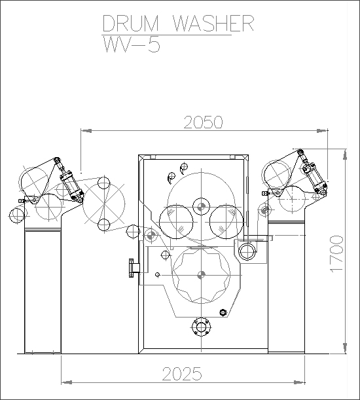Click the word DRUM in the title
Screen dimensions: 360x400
click(130, 23)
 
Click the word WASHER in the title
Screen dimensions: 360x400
click(213, 23)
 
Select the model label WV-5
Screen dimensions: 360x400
click(132, 45)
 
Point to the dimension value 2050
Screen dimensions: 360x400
click(203, 122)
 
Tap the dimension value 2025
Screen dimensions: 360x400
click(182, 374)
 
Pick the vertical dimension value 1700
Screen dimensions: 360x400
click(337, 254)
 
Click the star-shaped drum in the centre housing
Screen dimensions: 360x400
click(202, 275)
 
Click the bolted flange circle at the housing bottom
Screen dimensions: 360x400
click(202, 327)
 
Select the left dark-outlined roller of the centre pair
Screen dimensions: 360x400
click(176, 222)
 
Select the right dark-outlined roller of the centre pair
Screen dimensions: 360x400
click(226, 222)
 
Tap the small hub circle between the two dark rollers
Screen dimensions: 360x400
click(202, 206)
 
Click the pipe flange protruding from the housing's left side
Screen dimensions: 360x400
click(134, 268)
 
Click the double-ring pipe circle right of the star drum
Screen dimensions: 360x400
click(247, 251)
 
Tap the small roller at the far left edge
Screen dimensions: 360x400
click(17, 215)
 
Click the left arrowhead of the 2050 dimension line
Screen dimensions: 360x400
click(86, 131)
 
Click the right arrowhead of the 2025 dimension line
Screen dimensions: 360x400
click(299, 382)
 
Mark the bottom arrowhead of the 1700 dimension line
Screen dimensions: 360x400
click(345, 348)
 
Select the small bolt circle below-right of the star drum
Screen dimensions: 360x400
click(223, 312)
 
